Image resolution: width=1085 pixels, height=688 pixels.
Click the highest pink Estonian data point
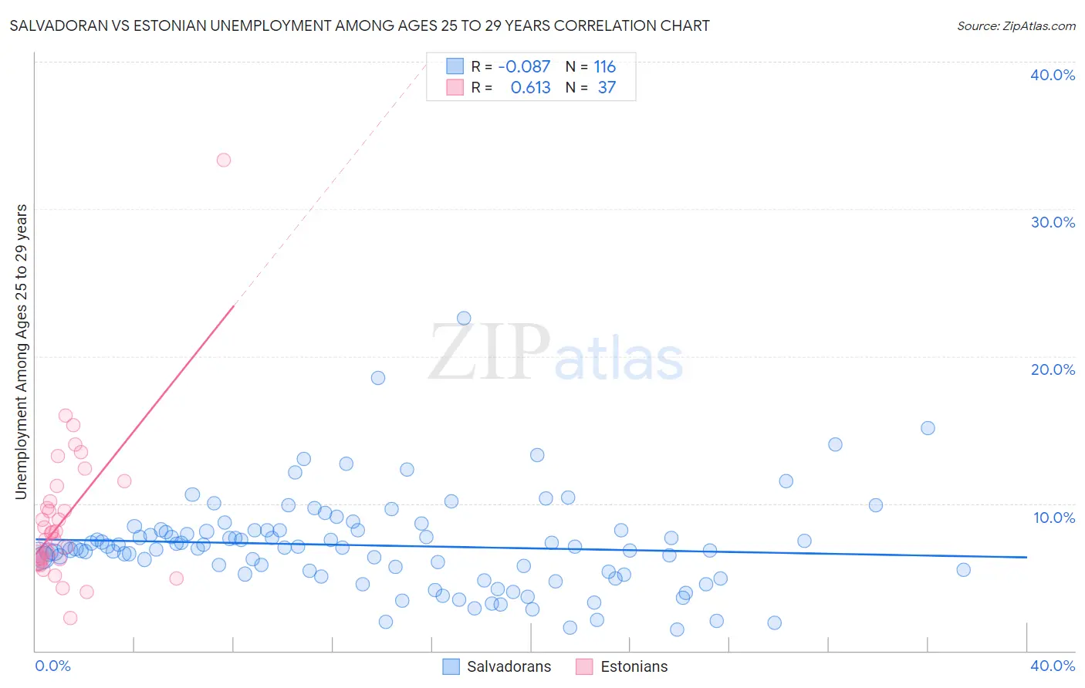[224, 160]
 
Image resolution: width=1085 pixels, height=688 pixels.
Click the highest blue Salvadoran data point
[464, 319]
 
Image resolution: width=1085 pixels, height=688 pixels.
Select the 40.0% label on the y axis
[1053, 75]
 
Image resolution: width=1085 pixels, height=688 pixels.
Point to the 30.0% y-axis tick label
[1053, 222]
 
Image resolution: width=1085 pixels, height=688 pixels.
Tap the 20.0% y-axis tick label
[1053, 369]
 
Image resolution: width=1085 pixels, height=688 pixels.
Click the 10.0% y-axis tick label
[1054, 518]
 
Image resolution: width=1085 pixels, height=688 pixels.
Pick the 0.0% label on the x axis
[52, 666]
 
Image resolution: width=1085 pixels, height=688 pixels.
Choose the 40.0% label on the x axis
[1053, 666]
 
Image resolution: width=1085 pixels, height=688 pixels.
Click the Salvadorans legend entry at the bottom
[509, 666]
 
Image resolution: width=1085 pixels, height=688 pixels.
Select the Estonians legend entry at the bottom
[634, 666]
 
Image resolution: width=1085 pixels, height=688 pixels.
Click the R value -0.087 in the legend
[524, 67]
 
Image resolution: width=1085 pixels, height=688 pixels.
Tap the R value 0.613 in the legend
[530, 88]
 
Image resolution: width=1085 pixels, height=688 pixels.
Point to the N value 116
[605, 67]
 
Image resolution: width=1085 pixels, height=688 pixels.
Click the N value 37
[607, 88]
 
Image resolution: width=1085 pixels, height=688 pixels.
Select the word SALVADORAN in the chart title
[57, 26]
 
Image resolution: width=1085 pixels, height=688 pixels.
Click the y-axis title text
[22, 352]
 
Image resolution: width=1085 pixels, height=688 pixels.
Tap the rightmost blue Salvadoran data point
[963, 570]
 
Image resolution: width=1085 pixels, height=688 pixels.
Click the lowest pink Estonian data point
[70, 618]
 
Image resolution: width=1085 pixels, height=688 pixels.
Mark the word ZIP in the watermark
[489, 353]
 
